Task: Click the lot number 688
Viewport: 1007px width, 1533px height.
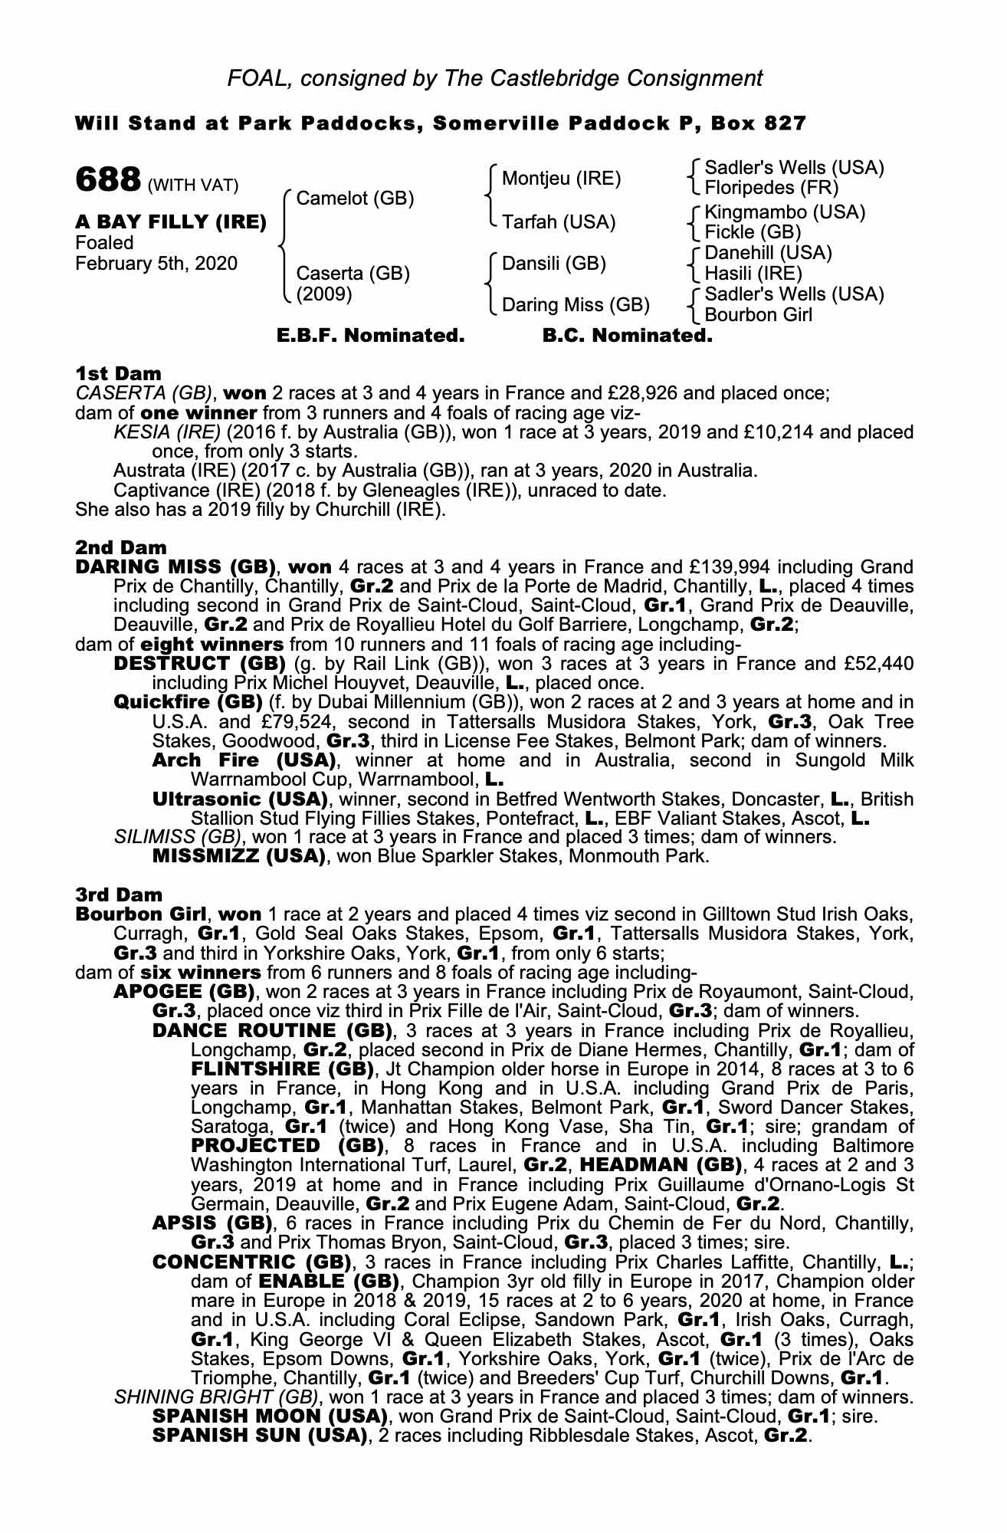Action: click(107, 180)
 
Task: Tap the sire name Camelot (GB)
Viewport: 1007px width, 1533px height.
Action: click(355, 199)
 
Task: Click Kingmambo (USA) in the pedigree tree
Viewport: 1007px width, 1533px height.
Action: click(785, 212)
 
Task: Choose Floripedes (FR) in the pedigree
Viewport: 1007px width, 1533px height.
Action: click(771, 188)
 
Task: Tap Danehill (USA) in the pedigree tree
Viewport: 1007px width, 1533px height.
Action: click(768, 253)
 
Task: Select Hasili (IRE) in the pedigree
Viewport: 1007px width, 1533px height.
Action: click(753, 274)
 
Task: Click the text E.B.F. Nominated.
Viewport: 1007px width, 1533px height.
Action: click(370, 336)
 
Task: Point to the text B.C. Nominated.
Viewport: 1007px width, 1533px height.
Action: click(627, 336)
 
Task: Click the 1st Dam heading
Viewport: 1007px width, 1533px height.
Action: click(119, 374)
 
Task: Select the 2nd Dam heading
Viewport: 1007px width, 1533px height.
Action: click(120, 547)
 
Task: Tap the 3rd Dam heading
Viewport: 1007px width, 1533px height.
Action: click(120, 895)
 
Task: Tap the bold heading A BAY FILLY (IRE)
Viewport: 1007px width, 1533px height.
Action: click(171, 222)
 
